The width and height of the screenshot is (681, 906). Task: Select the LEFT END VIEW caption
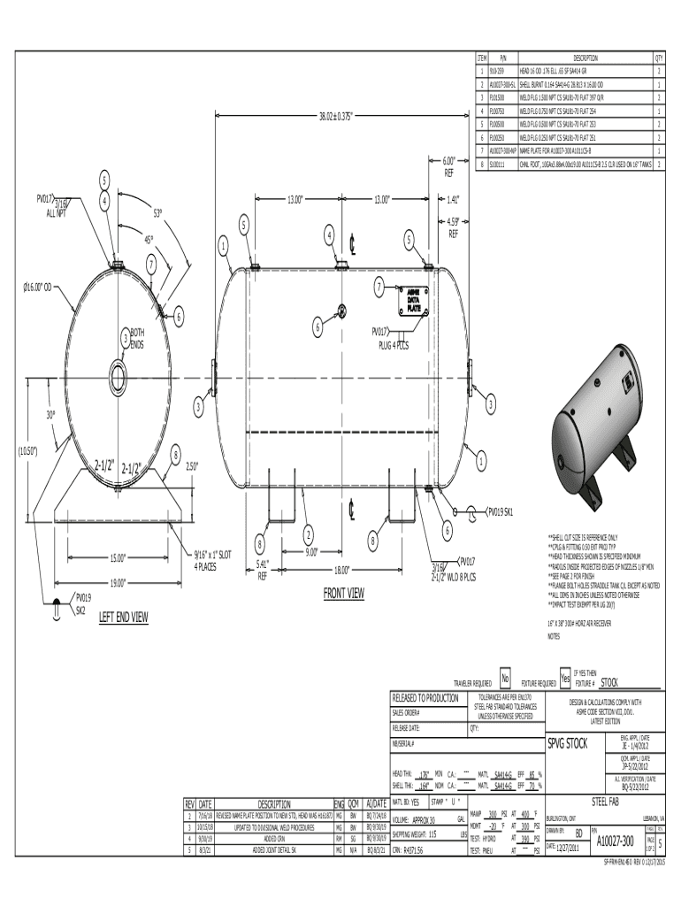[x=124, y=617]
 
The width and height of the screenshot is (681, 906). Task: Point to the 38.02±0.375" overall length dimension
[x=340, y=115]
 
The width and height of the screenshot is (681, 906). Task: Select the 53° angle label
[x=158, y=213]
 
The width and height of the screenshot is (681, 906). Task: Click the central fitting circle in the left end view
[x=117, y=370]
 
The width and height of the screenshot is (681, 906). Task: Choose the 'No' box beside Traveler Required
[x=505, y=679]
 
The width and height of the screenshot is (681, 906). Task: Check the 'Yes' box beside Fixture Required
[x=565, y=679]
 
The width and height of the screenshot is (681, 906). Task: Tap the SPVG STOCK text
[x=568, y=742]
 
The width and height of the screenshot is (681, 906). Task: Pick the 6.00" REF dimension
[x=449, y=166]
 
